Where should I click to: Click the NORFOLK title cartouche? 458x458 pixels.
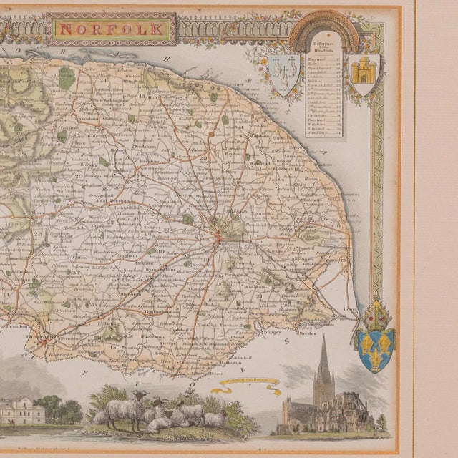(x=111, y=30)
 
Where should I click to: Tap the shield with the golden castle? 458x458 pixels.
(x=364, y=70)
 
